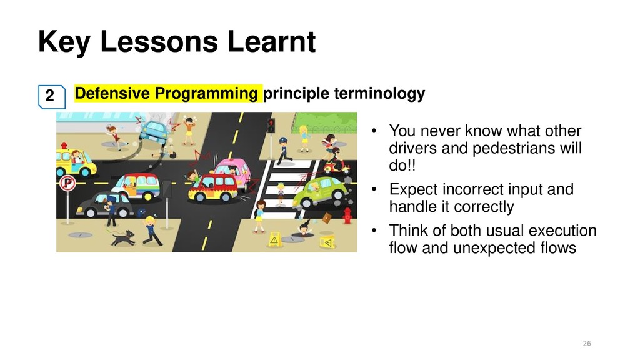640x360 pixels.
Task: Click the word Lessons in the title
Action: pos(159,41)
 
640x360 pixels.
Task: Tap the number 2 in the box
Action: pos(50,96)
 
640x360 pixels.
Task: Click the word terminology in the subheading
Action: pos(379,94)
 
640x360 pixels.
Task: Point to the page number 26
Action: pos(587,343)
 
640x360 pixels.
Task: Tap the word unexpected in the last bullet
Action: pos(494,247)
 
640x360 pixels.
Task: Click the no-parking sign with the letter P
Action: pos(67,184)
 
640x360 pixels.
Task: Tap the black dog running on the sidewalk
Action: pos(123,237)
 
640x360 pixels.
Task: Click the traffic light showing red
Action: pos(271,125)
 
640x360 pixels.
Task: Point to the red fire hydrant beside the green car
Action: pos(347,216)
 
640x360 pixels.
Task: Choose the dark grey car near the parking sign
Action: pos(104,205)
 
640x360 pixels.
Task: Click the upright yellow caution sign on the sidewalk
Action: pos(274,239)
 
